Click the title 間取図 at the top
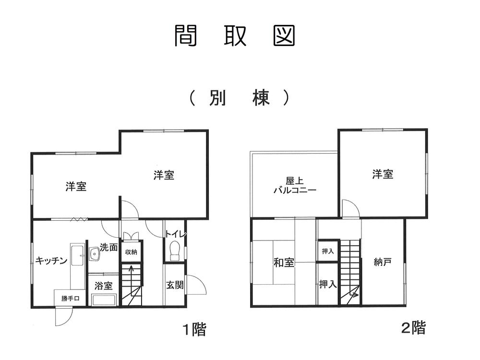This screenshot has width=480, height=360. [234, 36]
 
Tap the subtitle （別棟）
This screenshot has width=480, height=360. [239, 98]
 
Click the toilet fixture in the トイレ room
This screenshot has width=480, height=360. [174, 251]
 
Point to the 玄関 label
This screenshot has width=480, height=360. [175, 285]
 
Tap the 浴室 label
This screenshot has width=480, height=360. [103, 286]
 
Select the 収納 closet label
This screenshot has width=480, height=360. [131, 252]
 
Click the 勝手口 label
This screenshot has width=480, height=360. [70, 298]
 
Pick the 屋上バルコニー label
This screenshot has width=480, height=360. [294, 185]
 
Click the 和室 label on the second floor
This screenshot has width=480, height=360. [284, 263]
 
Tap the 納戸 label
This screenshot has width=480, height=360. [383, 263]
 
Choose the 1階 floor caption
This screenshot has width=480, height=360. [194, 330]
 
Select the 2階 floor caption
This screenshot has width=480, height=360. [413, 329]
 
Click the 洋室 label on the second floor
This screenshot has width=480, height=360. [383, 174]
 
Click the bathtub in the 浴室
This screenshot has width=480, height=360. [103, 300]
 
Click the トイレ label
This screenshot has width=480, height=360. [175, 234]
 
